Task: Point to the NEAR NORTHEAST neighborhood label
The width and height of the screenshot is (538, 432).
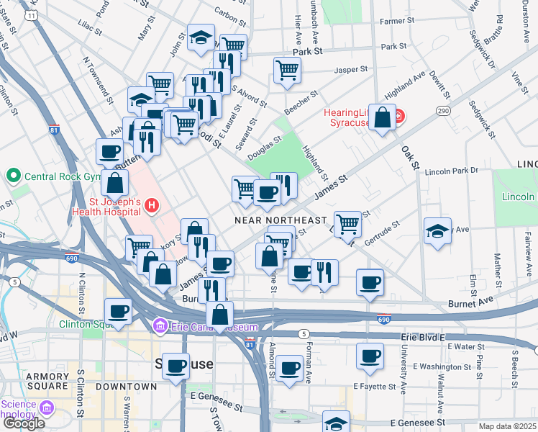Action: pyautogui.click(x=281, y=220)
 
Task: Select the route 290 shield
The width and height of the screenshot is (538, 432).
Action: pyautogui.click(x=442, y=111)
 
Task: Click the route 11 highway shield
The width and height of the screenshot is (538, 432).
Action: pyautogui.click(x=31, y=14)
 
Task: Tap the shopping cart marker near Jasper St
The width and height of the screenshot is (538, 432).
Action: pyautogui.click(x=287, y=71)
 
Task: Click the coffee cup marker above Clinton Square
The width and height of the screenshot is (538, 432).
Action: pyautogui.click(x=118, y=312)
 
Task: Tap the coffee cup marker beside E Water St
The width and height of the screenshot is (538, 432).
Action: pyautogui.click(x=370, y=356)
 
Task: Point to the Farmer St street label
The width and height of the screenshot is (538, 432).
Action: pyautogui.click(x=393, y=22)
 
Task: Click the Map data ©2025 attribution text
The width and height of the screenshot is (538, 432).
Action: pyautogui.click(x=507, y=426)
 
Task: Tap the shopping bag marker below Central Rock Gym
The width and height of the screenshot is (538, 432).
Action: pyautogui.click(x=114, y=184)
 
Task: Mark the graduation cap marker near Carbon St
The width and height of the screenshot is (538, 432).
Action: pyautogui.click(x=201, y=38)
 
